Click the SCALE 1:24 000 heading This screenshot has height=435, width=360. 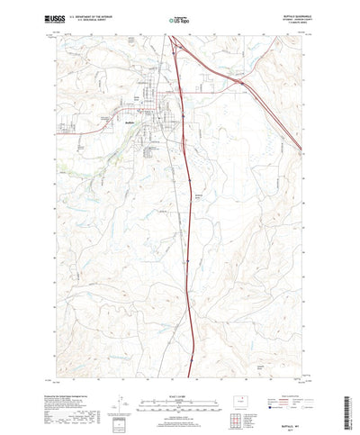180,370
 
